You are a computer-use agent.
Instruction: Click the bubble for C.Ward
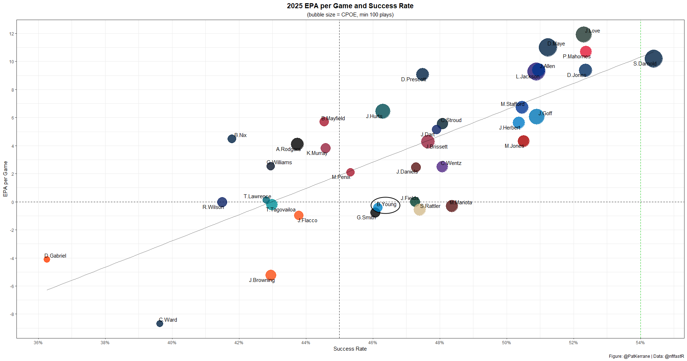pyautogui.click(x=160, y=323)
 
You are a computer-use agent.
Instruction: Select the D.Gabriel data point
pyautogui.click(x=47, y=259)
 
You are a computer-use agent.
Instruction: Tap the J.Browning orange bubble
pyautogui.click(x=271, y=275)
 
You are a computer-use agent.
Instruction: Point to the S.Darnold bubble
pyautogui.click(x=653, y=59)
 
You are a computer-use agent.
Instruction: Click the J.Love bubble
pyautogui.click(x=583, y=35)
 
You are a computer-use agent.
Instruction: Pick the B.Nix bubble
pyautogui.click(x=232, y=139)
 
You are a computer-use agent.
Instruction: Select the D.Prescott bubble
pyautogui.click(x=423, y=74)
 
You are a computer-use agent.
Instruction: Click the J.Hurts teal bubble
pyautogui.click(x=383, y=111)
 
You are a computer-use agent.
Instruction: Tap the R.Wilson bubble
pyautogui.click(x=222, y=202)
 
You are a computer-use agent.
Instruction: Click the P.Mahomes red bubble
pyautogui.click(x=586, y=52)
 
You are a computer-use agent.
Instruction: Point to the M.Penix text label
pyautogui.click(x=341, y=177)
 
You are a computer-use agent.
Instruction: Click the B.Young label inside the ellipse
pyautogui.click(x=386, y=204)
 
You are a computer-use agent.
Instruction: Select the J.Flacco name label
pyautogui.click(x=307, y=220)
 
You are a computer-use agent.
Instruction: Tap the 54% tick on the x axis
pyautogui.click(x=640, y=343)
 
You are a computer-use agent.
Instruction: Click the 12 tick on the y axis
pyautogui.click(x=11, y=34)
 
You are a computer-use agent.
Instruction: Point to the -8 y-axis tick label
pyautogui.click(x=11, y=314)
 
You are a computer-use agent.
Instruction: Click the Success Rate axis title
pyautogui.click(x=350, y=349)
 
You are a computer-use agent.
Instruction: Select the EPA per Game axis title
pyautogui.click(x=5, y=179)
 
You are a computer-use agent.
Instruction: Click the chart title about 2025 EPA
pyautogui.click(x=350, y=6)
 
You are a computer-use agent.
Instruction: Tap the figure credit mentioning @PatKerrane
pyautogui.click(x=646, y=356)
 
